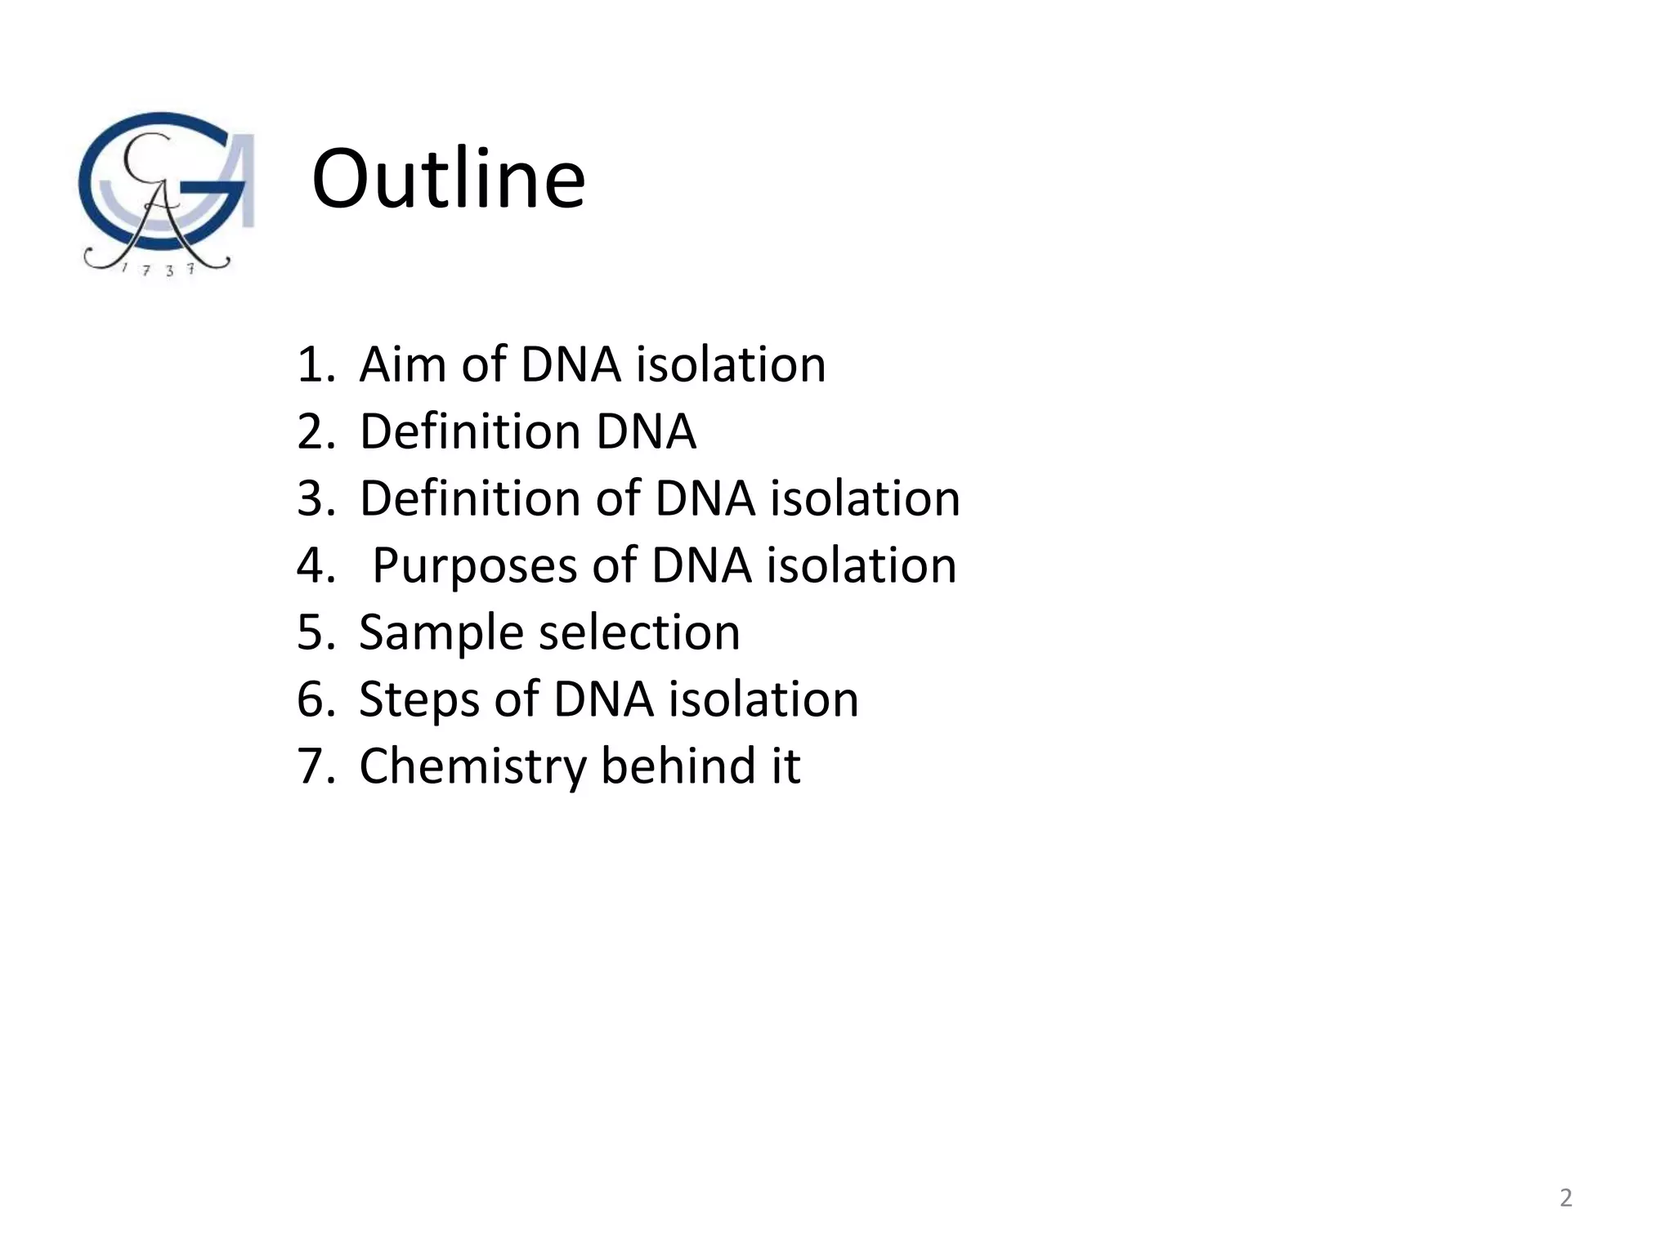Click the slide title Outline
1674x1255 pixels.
click(448, 179)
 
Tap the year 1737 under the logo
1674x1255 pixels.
click(158, 270)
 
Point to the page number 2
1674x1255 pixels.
click(1565, 1198)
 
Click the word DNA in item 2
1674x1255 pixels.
click(646, 431)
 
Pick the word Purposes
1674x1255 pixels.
click(475, 565)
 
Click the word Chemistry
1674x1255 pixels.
click(472, 766)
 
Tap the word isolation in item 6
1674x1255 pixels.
click(763, 699)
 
